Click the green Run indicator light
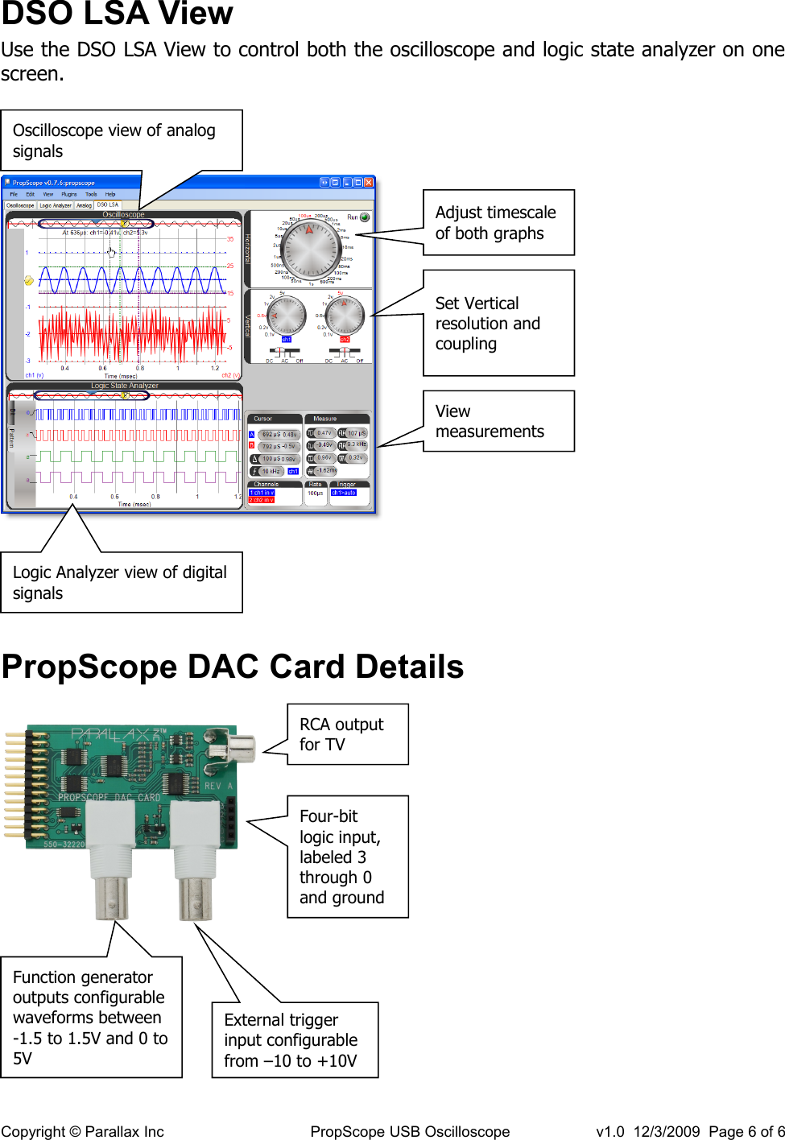365,217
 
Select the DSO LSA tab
108,205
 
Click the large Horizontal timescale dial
310,248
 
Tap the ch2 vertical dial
345,315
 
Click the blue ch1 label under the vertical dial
286,340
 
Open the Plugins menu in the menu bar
69,194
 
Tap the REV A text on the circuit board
218,786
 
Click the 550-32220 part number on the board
64,845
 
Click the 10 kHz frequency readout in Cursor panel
271,471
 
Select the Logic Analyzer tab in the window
56,205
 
